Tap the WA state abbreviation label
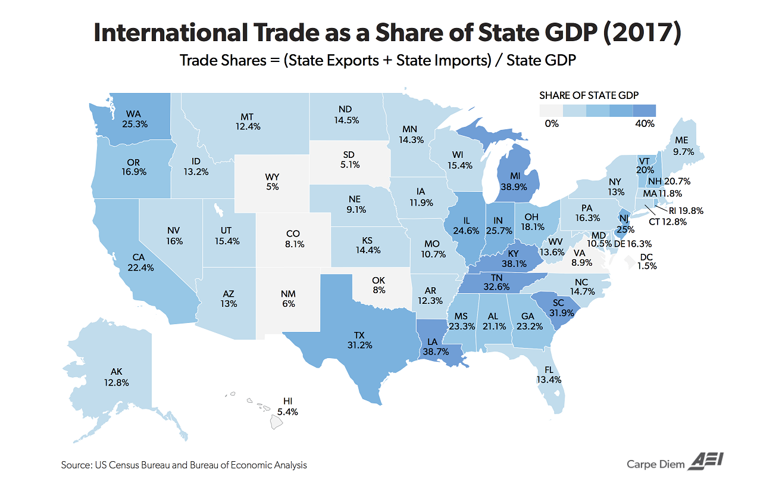133,114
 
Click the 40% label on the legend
645,123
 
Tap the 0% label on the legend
551,123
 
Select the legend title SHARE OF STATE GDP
597,95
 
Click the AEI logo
706,462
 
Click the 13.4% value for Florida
548,379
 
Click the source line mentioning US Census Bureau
184,464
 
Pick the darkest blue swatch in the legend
645,110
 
